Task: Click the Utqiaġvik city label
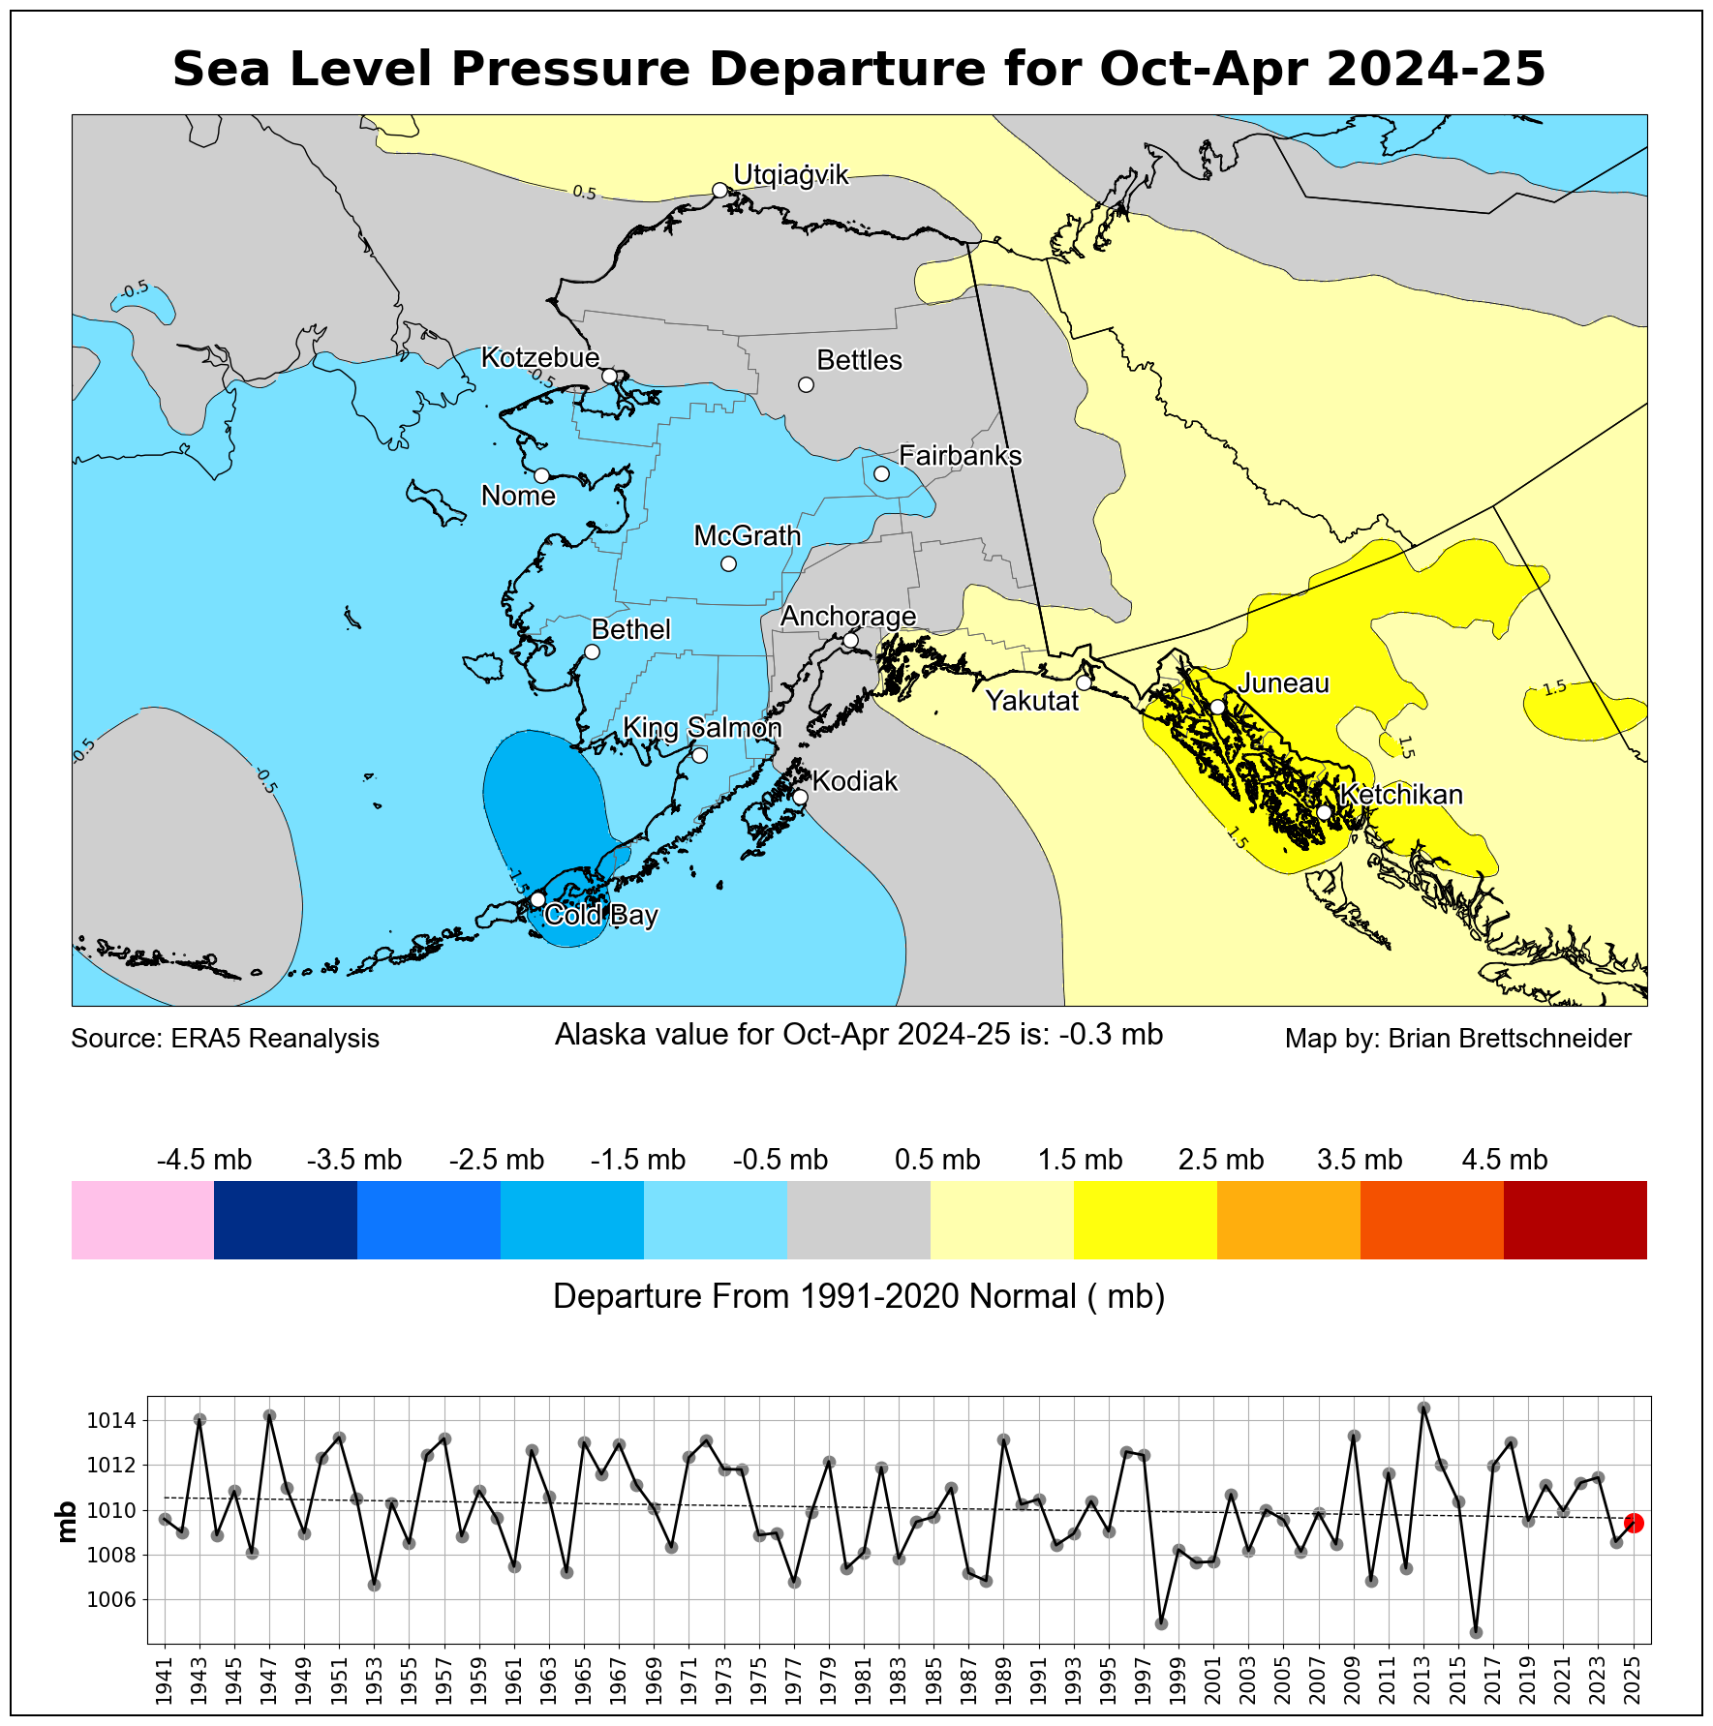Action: [790, 175]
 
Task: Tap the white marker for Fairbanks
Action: [881, 473]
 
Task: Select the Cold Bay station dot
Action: [537, 899]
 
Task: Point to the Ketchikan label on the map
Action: [1401, 795]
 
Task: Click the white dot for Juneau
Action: [1217, 707]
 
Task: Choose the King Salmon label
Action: [702, 728]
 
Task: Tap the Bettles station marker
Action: [806, 384]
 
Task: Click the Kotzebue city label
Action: [540, 358]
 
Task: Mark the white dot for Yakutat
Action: [1084, 682]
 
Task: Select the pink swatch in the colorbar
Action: [142, 1220]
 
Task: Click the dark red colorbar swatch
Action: [1575, 1220]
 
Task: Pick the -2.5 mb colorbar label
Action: [497, 1160]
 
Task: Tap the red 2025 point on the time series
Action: [1634, 1523]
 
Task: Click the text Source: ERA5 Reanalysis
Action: [226, 1039]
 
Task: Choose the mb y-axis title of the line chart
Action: [67, 1522]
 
